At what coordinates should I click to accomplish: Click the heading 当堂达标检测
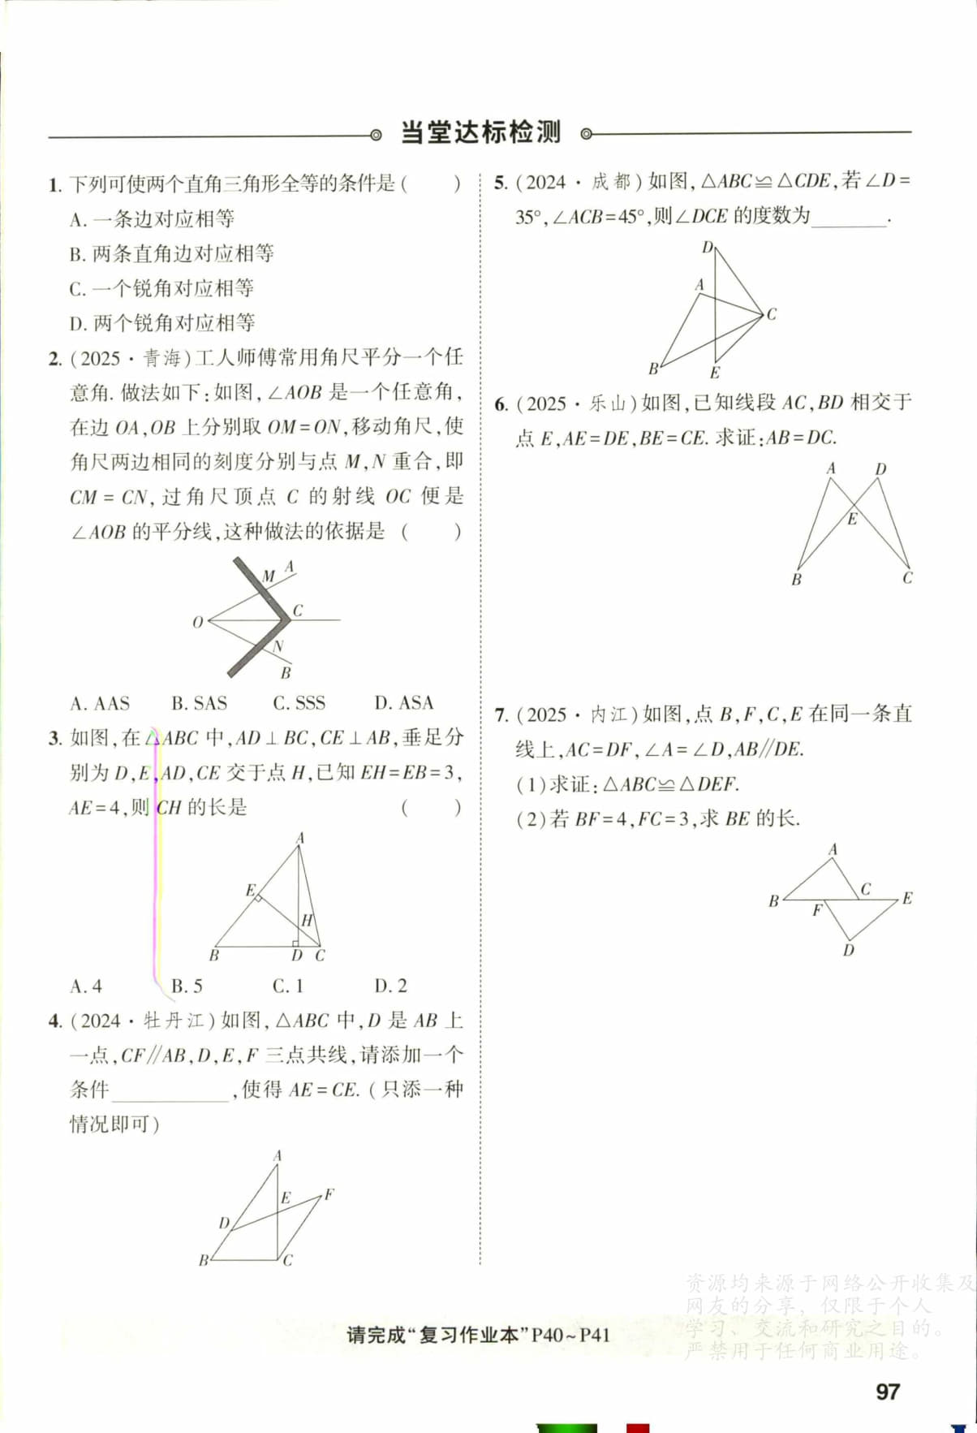coord(480,132)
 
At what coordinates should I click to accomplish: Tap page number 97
coord(888,1392)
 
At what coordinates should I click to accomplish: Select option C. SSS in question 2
coord(299,703)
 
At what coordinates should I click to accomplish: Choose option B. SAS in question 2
coord(199,703)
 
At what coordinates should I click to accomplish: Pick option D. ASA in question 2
coord(403,703)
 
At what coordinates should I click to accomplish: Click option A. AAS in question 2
coord(100,703)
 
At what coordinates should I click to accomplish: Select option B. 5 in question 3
coord(187,986)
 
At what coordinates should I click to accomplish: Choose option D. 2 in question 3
coord(390,986)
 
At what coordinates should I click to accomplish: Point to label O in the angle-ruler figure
coord(198,623)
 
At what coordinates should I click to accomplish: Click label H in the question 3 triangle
coord(307,921)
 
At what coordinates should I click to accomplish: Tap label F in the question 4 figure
coord(329,1194)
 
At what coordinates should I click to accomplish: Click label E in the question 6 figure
coord(852,520)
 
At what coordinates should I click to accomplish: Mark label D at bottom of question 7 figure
coord(848,950)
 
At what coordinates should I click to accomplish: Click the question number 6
coord(500,404)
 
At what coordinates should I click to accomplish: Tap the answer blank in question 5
coord(848,218)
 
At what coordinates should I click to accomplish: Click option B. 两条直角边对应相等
coord(172,254)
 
